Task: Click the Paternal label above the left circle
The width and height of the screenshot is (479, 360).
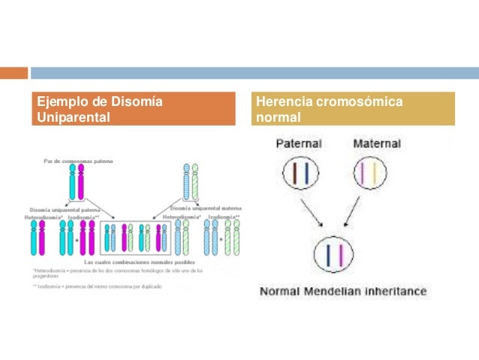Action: click(299, 144)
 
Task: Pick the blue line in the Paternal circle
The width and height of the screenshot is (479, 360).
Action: click(305, 174)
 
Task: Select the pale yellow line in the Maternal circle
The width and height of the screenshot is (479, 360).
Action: click(373, 174)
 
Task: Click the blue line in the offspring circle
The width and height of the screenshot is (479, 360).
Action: click(330, 254)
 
